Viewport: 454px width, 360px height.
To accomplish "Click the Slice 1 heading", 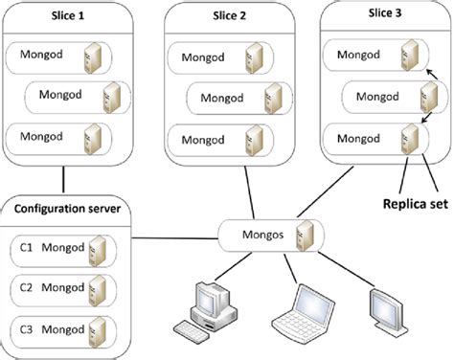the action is coord(68,15).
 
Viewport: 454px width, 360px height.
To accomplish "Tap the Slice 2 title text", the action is coord(230,15).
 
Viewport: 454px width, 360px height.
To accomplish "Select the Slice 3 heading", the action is coord(385,12).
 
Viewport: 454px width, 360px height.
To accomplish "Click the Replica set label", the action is coord(416,204).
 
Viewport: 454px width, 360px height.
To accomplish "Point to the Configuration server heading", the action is coord(67,209).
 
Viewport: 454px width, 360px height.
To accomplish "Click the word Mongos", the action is coord(262,235).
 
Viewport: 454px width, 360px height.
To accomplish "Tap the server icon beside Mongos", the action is coord(305,236).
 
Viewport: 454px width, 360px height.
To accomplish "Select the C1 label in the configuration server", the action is coord(26,247).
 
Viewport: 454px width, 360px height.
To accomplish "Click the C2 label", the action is coord(26,287).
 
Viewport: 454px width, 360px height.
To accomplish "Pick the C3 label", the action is coord(26,329).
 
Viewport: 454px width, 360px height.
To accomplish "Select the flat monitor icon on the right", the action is coord(388,310).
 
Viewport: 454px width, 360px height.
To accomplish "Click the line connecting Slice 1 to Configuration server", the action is coord(63,180).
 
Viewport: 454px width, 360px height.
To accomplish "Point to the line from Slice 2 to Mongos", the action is coord(250,193).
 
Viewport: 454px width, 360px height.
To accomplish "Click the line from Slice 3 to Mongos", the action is coord(326,191).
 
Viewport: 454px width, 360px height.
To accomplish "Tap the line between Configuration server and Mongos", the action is coord(175,238).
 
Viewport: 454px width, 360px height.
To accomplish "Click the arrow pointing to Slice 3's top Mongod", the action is coord(431,75).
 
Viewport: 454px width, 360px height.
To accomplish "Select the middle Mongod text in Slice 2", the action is coord(222,98).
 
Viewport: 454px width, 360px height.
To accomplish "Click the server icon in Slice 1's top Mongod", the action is coord(93,58).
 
